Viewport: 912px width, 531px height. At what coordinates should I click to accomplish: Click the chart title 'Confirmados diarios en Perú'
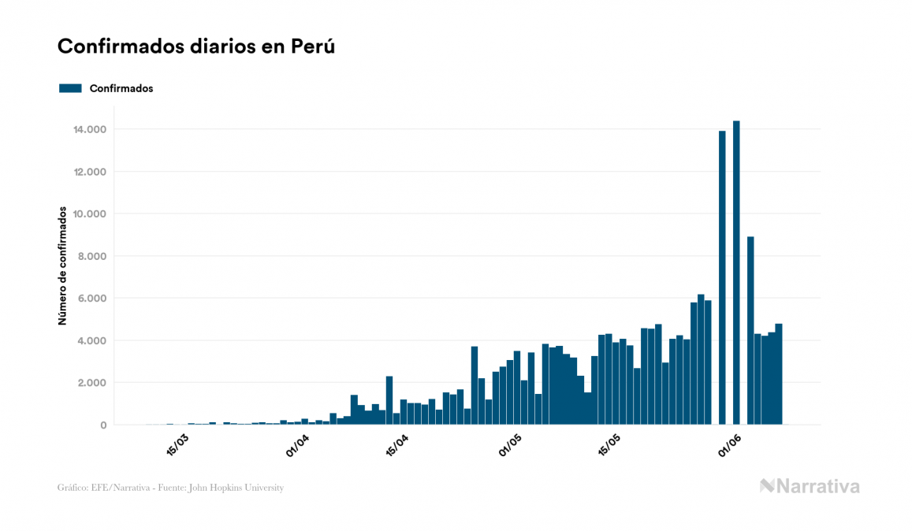point(196,46)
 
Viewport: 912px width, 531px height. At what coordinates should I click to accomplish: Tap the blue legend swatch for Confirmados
point(70,88)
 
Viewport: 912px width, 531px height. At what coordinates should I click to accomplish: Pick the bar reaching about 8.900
point(750,331)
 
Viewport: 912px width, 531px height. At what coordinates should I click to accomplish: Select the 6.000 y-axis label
point(91,299)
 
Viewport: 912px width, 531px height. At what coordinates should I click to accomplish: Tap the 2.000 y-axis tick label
point(91,383)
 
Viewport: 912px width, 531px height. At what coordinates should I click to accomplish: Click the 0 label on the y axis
point(102,425)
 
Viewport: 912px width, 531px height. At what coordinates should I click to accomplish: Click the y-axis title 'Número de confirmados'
point(62,265)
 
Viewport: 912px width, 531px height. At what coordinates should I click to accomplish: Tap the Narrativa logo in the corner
point(810,486)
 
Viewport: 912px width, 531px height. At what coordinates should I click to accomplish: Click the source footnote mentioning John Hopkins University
point(170,488)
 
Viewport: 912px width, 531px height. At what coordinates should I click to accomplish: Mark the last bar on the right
point(779,374)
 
